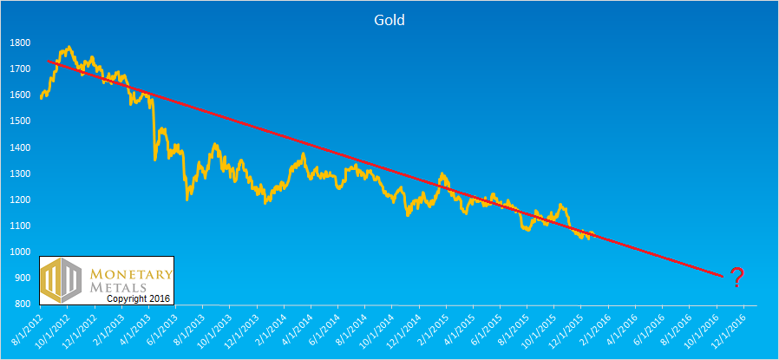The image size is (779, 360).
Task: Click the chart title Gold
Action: click(389, 19)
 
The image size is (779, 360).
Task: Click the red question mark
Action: click(736, 278)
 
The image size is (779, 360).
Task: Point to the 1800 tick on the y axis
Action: click(20, 43)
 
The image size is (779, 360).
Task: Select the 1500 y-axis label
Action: click(20, 121)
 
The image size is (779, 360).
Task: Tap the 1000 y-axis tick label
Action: click(20, 252)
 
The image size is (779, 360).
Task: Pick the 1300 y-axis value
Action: click(20, 173)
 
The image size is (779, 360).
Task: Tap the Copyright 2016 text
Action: click(140, 298)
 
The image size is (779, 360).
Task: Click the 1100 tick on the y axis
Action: click(20, 226)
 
